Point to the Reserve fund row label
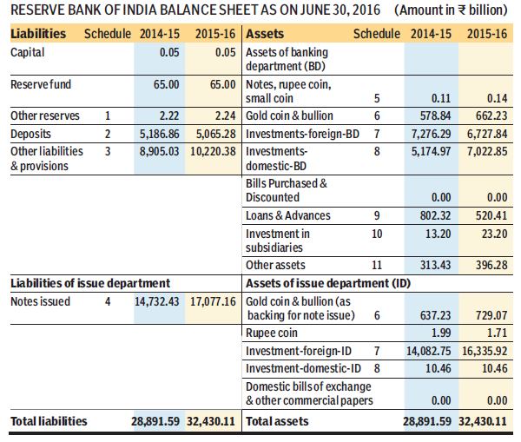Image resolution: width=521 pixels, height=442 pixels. click(38, 85)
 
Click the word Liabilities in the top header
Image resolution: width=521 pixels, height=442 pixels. click(38, 34)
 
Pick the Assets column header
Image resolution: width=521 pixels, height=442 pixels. click(267, 34)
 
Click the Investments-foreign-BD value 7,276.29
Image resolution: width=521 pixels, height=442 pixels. click(432, 135)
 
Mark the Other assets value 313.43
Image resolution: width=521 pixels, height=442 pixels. click(438, 264)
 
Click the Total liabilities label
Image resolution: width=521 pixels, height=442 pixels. click(49, 421)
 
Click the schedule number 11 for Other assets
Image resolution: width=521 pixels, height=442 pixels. click(378, 264)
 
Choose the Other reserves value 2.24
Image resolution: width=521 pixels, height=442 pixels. click(221, 116)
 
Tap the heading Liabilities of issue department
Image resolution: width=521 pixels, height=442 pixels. click(89, 283)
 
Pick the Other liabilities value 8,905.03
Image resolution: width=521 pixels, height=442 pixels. click(158, 150)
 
